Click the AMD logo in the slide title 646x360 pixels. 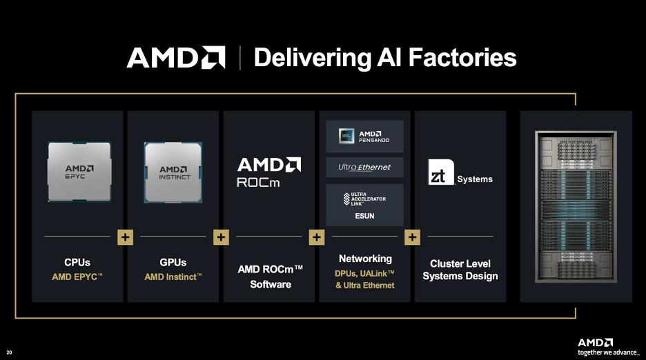176,57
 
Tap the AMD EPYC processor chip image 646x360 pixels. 79,172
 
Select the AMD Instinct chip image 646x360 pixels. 173,172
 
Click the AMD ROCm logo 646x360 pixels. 269,173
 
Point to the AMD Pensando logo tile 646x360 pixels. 364,137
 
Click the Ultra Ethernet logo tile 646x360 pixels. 364,167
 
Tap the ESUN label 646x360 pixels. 364,216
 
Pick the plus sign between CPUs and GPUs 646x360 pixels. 126,237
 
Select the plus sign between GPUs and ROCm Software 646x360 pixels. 221,237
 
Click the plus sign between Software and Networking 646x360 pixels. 317,237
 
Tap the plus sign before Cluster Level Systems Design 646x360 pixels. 412,237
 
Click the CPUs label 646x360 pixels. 77,262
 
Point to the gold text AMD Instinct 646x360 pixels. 173,277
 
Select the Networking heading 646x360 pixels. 365,259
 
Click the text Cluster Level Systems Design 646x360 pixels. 460,270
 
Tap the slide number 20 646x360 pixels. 9,352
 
